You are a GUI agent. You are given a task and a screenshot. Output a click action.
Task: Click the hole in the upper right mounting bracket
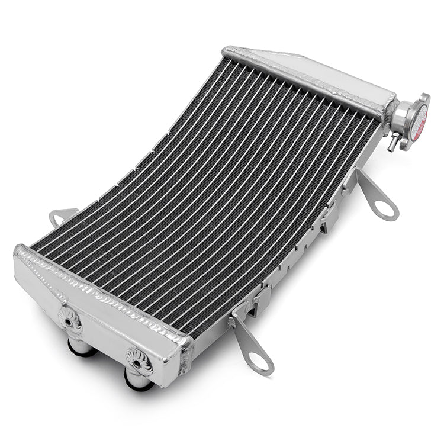click(385, 208)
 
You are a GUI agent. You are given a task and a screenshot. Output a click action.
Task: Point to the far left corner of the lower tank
click(18, 252)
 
